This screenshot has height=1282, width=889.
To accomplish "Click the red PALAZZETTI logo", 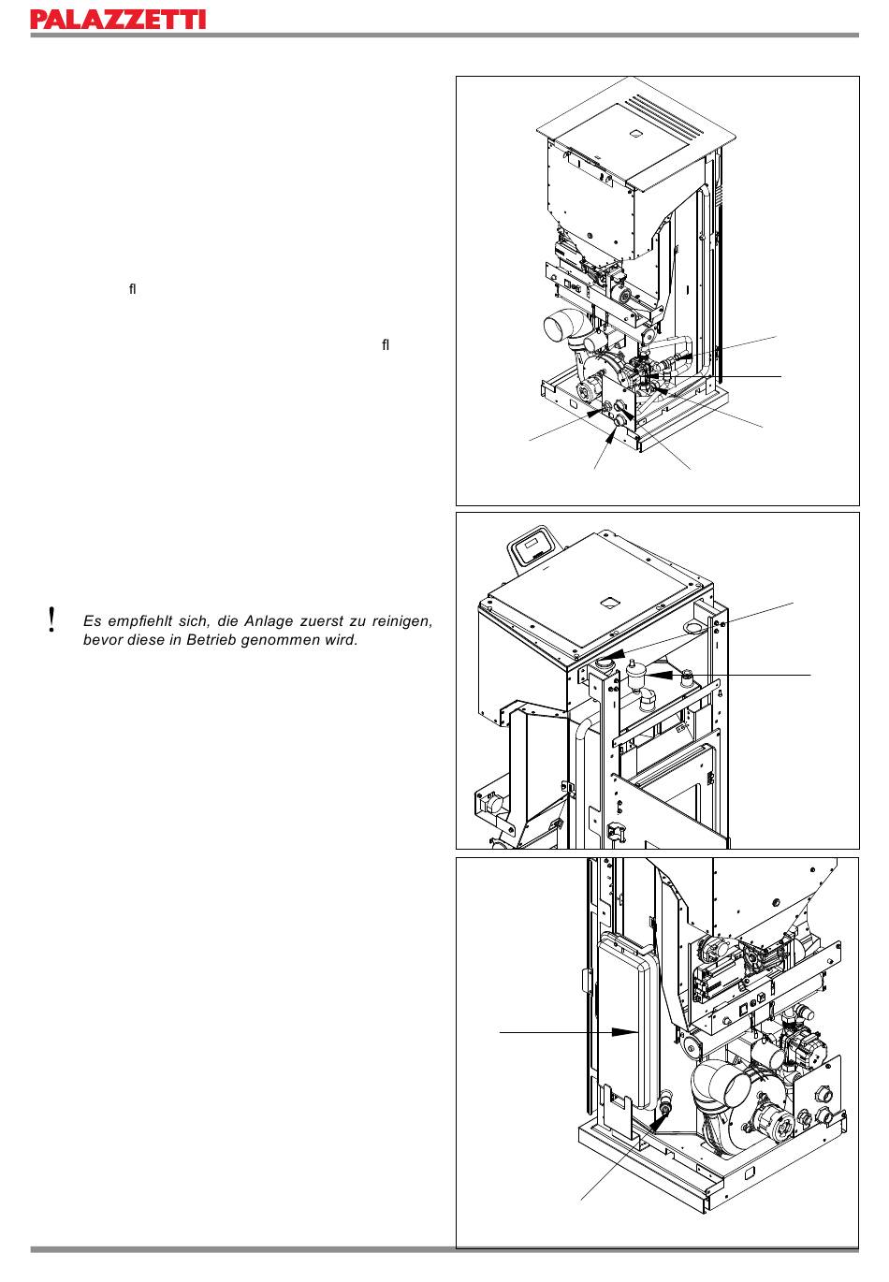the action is pyautogui.click(x=118, y=20).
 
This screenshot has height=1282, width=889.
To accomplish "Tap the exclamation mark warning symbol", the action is pyautogui.click(x=52, y=619).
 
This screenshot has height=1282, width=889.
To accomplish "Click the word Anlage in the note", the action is pyautogui.click(x=268, y=621).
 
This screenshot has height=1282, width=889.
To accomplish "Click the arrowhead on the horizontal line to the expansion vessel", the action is pyautogui.click(x=625, y=1032).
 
